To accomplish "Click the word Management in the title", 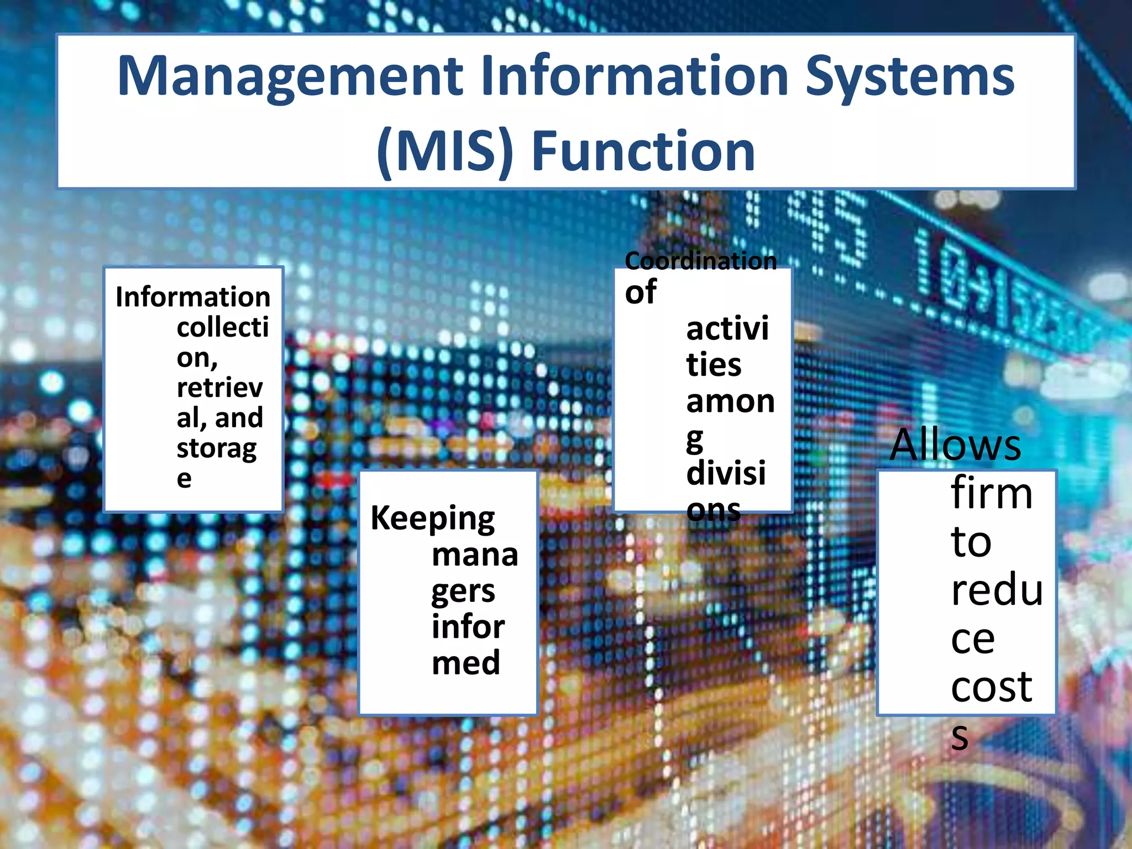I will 290,77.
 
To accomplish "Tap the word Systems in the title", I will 909,77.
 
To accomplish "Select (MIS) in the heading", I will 445,151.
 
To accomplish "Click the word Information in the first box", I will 193,297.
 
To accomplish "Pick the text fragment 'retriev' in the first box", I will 219,387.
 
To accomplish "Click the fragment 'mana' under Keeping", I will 475,555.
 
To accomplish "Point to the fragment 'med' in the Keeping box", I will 466,663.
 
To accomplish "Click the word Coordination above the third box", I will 700,261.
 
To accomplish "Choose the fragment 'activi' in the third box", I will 727,329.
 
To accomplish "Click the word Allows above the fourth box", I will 955,444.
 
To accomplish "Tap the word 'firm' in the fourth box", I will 992,493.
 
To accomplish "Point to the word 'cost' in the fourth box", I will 992,686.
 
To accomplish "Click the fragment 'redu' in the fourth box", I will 997,590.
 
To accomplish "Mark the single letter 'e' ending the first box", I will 184,479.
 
